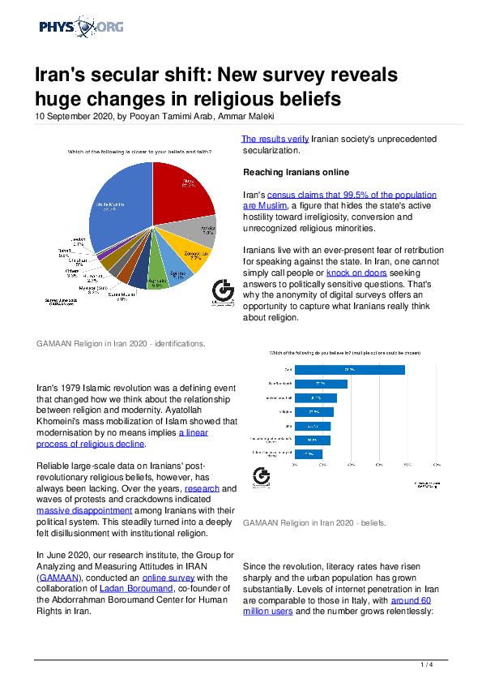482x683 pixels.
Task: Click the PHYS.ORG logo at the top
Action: pyautogui.click(x=81, y=28)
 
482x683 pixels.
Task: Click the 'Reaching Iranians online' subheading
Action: pyautogui.click(x=297, y=173)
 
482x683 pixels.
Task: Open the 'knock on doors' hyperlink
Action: pyautogui.click(x=353, y=273)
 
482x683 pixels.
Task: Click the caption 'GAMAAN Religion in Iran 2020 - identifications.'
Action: pyautogui.click(x=121, y=343)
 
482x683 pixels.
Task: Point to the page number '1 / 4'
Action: pyautogui.click(x=428, y=665)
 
